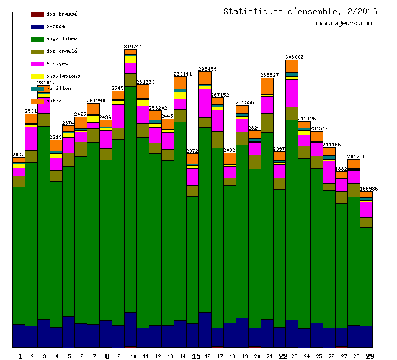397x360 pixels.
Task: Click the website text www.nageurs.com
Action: pos(344,24)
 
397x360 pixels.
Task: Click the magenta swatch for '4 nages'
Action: pos(37,64)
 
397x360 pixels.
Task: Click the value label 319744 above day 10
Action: pos(133,47)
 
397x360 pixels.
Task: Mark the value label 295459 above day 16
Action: pos(207,69)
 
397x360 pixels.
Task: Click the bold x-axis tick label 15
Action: pos(196,356)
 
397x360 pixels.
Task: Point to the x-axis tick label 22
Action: pos(283,356)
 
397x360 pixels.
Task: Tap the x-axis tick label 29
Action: pos(370,356)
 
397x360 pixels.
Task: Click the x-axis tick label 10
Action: pos(133,356)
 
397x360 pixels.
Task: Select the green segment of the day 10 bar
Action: pos(130,199)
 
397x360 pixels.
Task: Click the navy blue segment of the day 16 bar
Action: pos(205,329)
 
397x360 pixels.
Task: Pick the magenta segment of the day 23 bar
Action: pos(292,93)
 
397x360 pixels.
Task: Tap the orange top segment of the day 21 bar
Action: pos(267,86)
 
